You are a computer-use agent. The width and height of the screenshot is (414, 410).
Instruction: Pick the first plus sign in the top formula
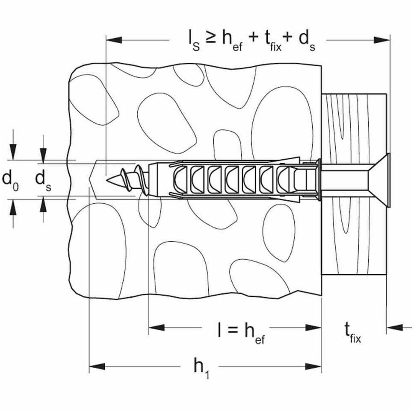pos(253,38)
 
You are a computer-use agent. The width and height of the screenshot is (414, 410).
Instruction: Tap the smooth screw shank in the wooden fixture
pos(342,179)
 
